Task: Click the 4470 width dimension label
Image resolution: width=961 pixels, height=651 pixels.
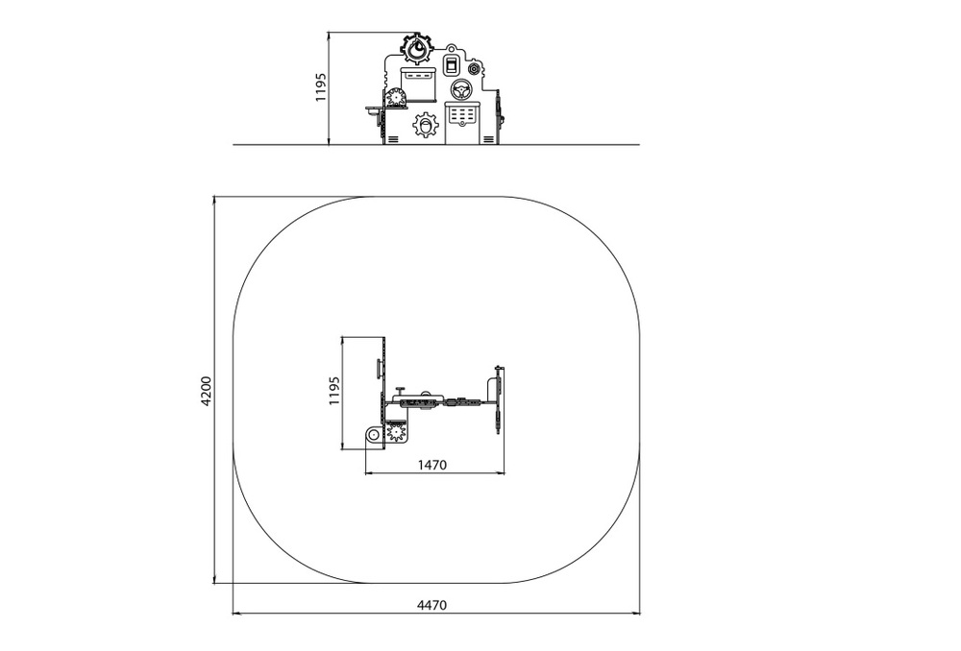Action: (x=432, y=605)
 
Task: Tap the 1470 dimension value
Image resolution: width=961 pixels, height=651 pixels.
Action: (x=432, y=465)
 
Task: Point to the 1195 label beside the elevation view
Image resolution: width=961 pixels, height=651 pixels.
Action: (x=321, y=87)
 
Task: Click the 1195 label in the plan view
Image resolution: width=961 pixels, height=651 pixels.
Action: (x=334, y=391)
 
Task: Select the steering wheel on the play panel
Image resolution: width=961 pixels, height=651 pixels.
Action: (x=460, y=90)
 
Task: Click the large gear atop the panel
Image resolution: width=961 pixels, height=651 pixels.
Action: (x=418, y=49)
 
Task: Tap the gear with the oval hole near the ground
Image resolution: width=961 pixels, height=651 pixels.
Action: (x=426, y=125)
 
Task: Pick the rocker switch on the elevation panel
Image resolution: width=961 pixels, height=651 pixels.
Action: (x=451, y=65)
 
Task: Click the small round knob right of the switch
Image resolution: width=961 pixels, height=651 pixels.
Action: (x=474, y=68)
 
